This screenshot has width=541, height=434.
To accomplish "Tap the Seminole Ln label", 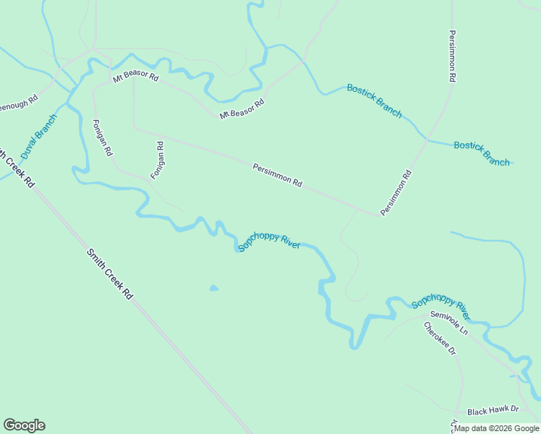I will [449, 323].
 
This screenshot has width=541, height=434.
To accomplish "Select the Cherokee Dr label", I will [440, 338].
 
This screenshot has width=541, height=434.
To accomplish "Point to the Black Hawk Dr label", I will [493, 411].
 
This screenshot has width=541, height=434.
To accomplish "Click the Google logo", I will [24, 425].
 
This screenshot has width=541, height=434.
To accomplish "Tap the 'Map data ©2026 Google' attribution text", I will [496, 428].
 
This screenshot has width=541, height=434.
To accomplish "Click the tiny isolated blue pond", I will [213, 289].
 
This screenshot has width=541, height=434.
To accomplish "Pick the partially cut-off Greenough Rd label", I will [17, 103].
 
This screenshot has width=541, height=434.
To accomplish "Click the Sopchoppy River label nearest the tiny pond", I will [269, 242].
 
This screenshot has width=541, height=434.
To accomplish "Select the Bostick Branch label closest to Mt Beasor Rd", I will [374, 101].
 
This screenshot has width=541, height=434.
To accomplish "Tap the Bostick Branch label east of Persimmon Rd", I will [482, 153].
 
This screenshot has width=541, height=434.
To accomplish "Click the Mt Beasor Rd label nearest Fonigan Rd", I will [135, 75].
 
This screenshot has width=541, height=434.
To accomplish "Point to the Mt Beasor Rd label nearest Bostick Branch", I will [242, 109].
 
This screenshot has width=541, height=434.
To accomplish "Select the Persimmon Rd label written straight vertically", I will [452, 55].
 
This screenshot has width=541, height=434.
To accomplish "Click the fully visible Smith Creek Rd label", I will [110, 274].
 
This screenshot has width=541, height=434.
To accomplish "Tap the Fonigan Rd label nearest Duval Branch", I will [103, 138].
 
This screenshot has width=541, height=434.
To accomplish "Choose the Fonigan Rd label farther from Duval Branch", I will [158, 161].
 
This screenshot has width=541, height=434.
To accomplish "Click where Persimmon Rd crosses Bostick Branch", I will [427, 140].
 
